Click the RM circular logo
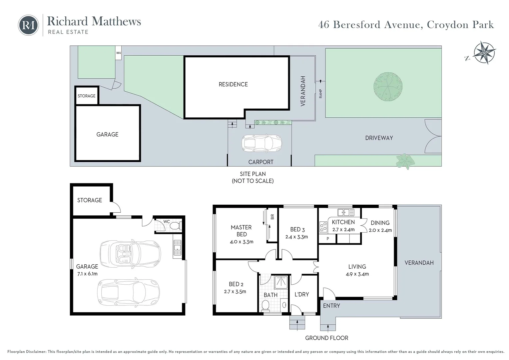point(28,25)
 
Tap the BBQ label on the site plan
point(119,53)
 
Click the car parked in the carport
point(261,143)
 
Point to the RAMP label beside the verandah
point(320,94)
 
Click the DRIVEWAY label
point(379,138)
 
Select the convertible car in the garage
point(130,253)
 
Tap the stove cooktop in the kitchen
point(323,227)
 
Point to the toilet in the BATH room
point(266,305)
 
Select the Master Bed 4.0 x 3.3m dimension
point(242,242)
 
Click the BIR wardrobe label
point(272,217)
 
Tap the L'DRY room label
point(301,294)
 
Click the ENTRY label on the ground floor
point(331,306)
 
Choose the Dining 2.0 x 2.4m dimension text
point(380,230)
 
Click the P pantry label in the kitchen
point(328,239)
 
